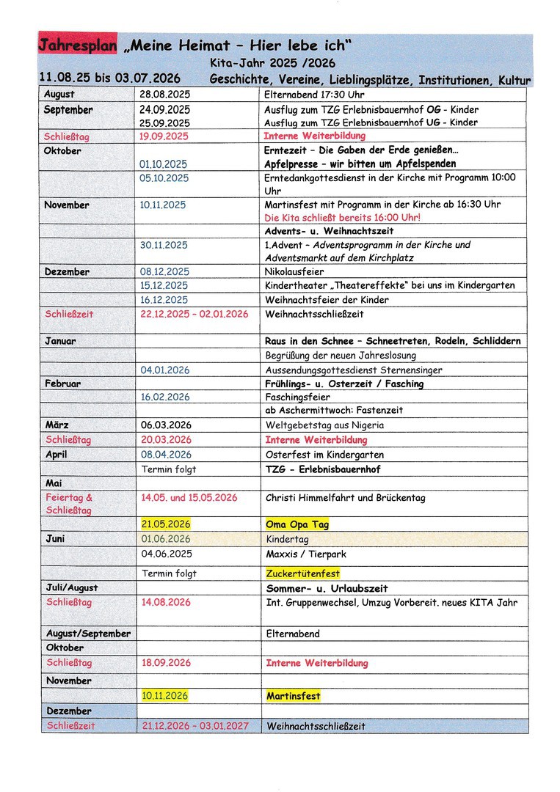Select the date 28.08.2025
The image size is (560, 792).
(x=164, y=95)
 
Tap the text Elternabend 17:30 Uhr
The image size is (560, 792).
(x=314, y=95)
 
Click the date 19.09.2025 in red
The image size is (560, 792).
(x=164, y=136)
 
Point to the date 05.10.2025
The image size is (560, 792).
(x=164, y=178)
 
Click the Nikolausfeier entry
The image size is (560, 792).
(x=294, y=272)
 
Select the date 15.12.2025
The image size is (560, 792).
(x=164, y=285)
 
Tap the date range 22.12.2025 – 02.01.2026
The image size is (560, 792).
(x=194, y=314)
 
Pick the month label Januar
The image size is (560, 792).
(x=60, y=341)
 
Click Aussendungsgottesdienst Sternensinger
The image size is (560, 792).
(x=354, y=370)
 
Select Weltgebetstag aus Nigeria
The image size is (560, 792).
(x=324, y=425)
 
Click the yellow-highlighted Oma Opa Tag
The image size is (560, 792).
(x=297, y=524)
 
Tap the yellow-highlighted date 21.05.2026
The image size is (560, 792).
(x=166, y=524)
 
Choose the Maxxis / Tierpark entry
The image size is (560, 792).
(x=306, y=554)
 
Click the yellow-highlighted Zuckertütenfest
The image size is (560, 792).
(x=303, y=573)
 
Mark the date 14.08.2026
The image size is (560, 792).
(x=166, y=603)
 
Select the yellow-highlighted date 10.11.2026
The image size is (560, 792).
(x=164, y=696)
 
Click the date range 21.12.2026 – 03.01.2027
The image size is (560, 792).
(x=194, y=726)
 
